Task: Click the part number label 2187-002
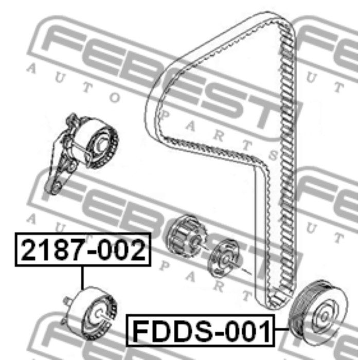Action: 83,249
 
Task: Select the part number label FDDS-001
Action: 200,331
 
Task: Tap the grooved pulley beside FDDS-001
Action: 319,312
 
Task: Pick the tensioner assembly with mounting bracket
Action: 81,154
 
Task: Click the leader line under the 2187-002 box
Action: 82,278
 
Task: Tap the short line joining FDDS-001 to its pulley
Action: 282,329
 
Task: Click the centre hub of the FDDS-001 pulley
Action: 325,316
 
